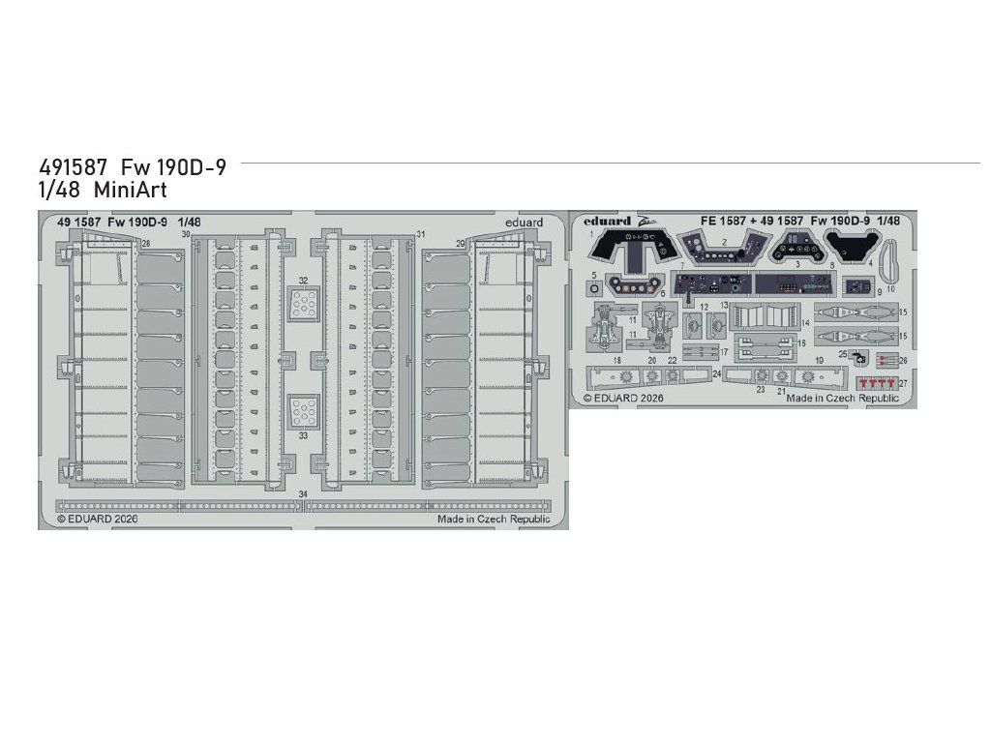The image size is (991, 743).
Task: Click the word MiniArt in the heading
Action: pyautogui.click(x=140, y=191)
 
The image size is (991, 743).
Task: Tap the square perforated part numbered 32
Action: pyautogui.click(x=303, y=305)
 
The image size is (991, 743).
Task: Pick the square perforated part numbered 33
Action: pyautogui.click(x=303, y=411)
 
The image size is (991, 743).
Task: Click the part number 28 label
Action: pyautogui.click(x=145, y=244)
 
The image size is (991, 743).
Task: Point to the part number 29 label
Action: pyautogui.click(x=461, y=243)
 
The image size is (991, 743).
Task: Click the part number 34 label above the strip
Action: pyautogui.click(x=303, y=495)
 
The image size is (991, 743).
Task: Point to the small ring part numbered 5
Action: pyautogui.click(x=594, y=286)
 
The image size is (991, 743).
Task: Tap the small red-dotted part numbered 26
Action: pyautogui.click(x=885, y=360)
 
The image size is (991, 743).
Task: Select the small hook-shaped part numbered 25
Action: pyautogui.click(x=857, y=356)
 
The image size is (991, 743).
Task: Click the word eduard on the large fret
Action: pyautogui.click(x=524, y=223)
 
